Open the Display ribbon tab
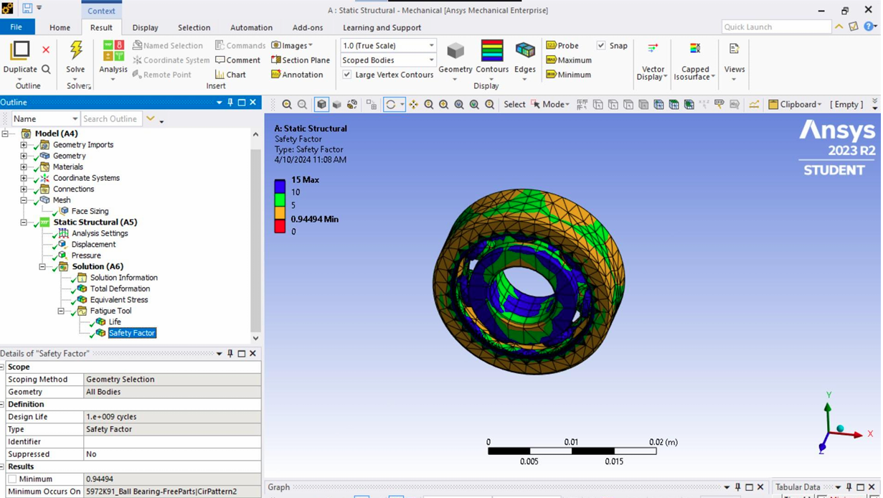click(145, 27)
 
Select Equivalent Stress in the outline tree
click(118, 300)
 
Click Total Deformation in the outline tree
click(119, 288)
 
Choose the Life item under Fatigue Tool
click(114, 322)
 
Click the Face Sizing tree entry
click(90, 211)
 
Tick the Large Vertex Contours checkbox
click(347, 75)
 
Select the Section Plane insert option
click(301, 60)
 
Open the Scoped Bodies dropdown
click(387, 60)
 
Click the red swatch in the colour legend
click(280, 227)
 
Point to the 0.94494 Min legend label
click(314, 219)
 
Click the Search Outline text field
click(110, 119)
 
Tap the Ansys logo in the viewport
click(836, 131)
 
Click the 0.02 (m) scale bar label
click(662, 442)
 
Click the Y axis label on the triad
click(828, 395)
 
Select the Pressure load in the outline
click(86, 255)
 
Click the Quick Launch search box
click(775, 27)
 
